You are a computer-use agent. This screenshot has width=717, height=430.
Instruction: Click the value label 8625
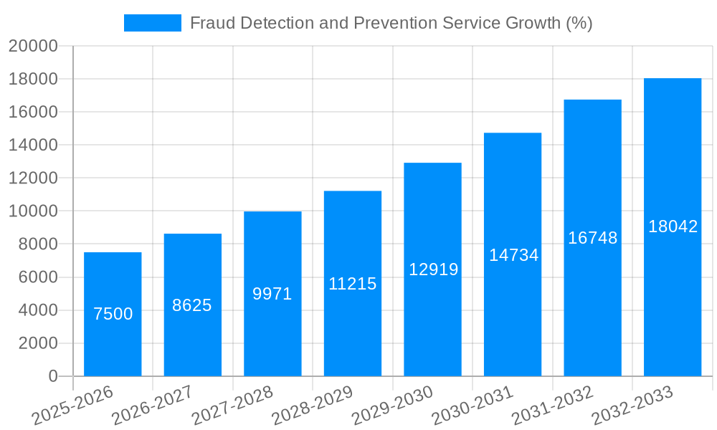[x=192, y=305]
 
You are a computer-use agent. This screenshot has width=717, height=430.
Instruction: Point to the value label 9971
[x=272, y=294]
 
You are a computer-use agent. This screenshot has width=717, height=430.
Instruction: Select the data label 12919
[x=433, y=269]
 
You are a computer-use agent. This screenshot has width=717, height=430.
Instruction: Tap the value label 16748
[x=592, y=238]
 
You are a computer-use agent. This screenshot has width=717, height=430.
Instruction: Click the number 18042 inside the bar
[x=673, y=226]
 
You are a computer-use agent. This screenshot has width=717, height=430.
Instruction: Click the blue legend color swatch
[x=152, y=23]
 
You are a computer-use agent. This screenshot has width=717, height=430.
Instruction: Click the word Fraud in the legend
[x=211, y=23]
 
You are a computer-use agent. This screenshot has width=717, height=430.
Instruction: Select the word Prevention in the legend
[x=393, y=23]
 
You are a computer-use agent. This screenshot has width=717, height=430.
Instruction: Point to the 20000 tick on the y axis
[x=33, y=47]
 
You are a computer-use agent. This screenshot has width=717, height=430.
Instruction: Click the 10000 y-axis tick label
[x=33, y=211]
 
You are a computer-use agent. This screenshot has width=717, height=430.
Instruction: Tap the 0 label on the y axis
[x=52, y=376]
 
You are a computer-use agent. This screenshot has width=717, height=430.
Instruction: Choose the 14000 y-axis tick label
[x=33, y=145]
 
